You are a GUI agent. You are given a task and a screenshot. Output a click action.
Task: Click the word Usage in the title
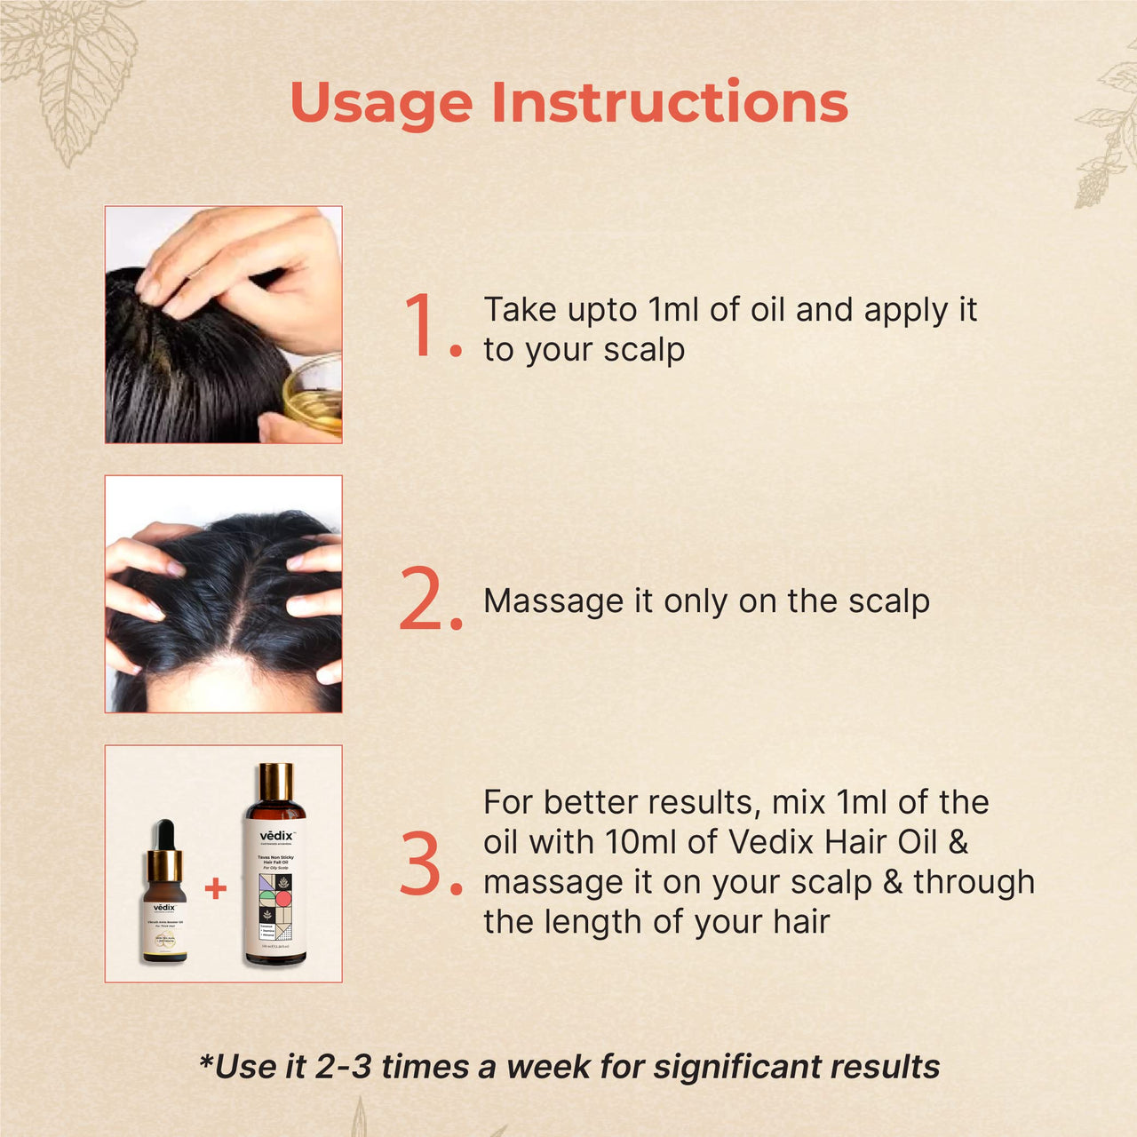click(381, 104)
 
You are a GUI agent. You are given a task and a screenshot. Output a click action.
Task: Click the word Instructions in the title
click(670, 102)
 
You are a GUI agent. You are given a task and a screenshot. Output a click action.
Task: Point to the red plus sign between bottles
click(216, 887)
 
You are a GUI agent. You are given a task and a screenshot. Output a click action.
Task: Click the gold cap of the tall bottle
click(275, 782)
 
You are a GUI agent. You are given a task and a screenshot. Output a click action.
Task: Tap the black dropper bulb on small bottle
click(164, 834)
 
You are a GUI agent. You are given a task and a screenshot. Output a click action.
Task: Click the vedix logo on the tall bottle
click(275, 836)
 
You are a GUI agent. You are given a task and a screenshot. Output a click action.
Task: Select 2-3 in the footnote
click(343, 1067)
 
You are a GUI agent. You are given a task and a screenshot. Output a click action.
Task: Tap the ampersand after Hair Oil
click(958, 842)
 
